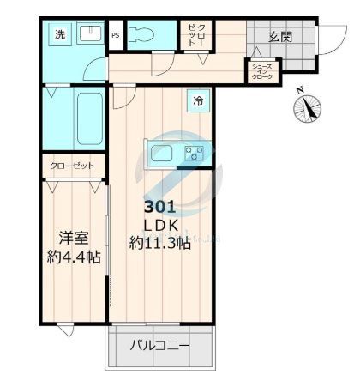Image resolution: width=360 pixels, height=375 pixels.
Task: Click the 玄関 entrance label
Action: coord(281,37)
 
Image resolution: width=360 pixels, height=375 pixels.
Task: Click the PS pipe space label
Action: coord(116,35)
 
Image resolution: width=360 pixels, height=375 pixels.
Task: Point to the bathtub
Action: coord(87,119)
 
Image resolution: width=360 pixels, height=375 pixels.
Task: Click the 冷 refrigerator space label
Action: coord(198,101)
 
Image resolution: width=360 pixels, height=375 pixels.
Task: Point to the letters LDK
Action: coord(160,224)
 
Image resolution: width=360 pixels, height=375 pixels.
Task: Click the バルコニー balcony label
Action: coord(159,347)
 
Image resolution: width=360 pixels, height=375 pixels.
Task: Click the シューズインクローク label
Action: coord(261,72)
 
